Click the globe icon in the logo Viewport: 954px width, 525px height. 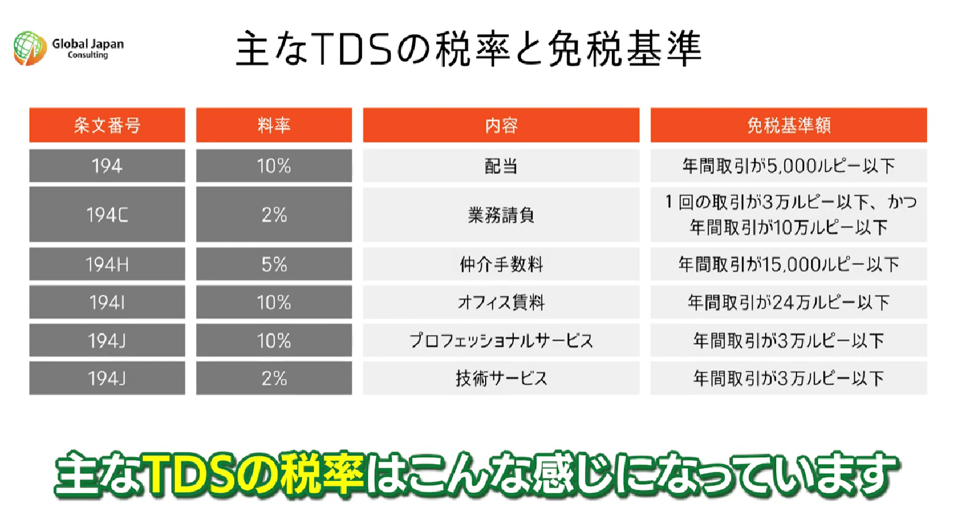pyautogui.click(x=30, y=48)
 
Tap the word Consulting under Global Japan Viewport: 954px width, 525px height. pyautogui.click(x=88, y=55)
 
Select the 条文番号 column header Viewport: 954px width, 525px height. pyautogui.click(x=108, y=125)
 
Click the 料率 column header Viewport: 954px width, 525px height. pyautogui.click(x=274, y=125)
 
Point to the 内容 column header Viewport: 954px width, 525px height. pyautogui.click(x=501, y=125)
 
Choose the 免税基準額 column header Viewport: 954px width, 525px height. pyautogui.click(x=789, y=125)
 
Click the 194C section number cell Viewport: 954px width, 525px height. pyautogui.click(x=108, y=214)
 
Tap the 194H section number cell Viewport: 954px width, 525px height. pyautogui.click(x=108, y=264)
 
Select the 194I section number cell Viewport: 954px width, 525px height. pyautogui.click(x=108, y=302)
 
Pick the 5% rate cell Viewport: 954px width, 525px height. pyautogui.click(x=274, y=264)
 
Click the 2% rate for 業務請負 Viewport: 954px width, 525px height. pyautogui.click(x=274, y=214)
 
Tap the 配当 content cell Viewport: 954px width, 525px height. pyautogui.click(x=501, y=166)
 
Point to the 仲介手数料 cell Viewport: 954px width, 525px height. pyautogui.click(x=501, y=264)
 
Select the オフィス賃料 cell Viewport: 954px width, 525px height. pyautogui.click(x=501, y=302)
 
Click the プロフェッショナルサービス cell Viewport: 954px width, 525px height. pyautogui.click(x=501, y=340)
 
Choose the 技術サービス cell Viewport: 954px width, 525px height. pyautogui.click(x=501, y=378)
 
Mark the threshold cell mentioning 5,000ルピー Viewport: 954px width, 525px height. pyautogui.click(x=789, y=166)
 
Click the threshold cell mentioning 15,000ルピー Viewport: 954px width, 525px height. pyautogui.click(x=789, y=264)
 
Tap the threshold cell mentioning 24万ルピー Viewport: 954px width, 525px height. pyautogui.click(x=789, y=302)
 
